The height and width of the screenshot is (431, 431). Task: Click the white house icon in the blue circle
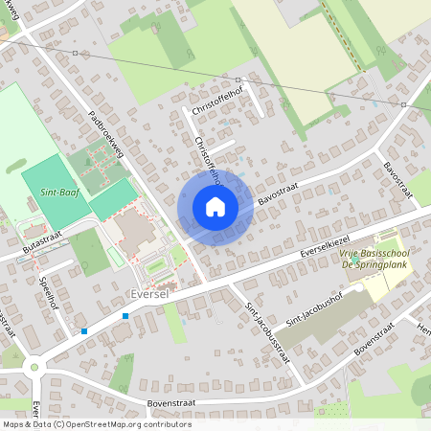pos(215,207)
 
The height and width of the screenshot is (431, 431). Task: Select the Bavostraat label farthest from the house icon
pos(397,181)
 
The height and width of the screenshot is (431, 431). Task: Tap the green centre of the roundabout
pos(35,366)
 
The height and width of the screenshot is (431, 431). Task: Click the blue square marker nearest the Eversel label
pos(125,315)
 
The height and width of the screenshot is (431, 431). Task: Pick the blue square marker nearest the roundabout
pos(84,331)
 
